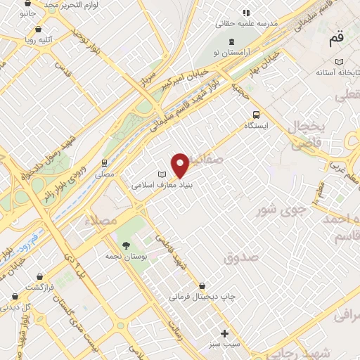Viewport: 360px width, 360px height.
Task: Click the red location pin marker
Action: tap(180, 165)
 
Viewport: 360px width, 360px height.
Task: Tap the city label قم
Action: tap(337, 39)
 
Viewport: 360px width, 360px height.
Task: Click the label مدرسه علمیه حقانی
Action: tap(248, 23)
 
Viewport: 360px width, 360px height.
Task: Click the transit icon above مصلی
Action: tap(104, 162)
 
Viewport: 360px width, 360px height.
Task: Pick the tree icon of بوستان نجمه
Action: tap(126, 245)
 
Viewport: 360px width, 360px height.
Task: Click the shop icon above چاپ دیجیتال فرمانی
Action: tap(202, 286)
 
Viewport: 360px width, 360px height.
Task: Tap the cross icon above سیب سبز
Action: tap(224, 333)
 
